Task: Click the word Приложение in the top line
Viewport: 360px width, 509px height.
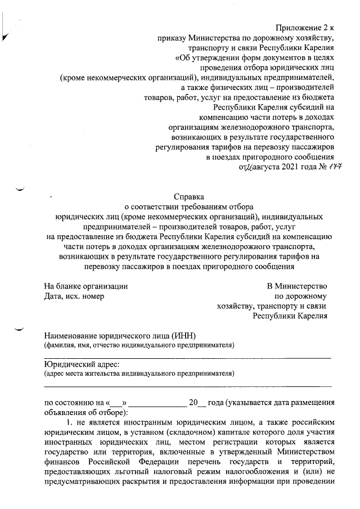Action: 299,27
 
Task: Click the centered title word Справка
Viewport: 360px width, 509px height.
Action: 188,197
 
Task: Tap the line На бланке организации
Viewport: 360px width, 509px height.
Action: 85,286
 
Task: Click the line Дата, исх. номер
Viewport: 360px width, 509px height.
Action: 74,296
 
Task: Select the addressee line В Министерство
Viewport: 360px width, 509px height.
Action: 297,286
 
